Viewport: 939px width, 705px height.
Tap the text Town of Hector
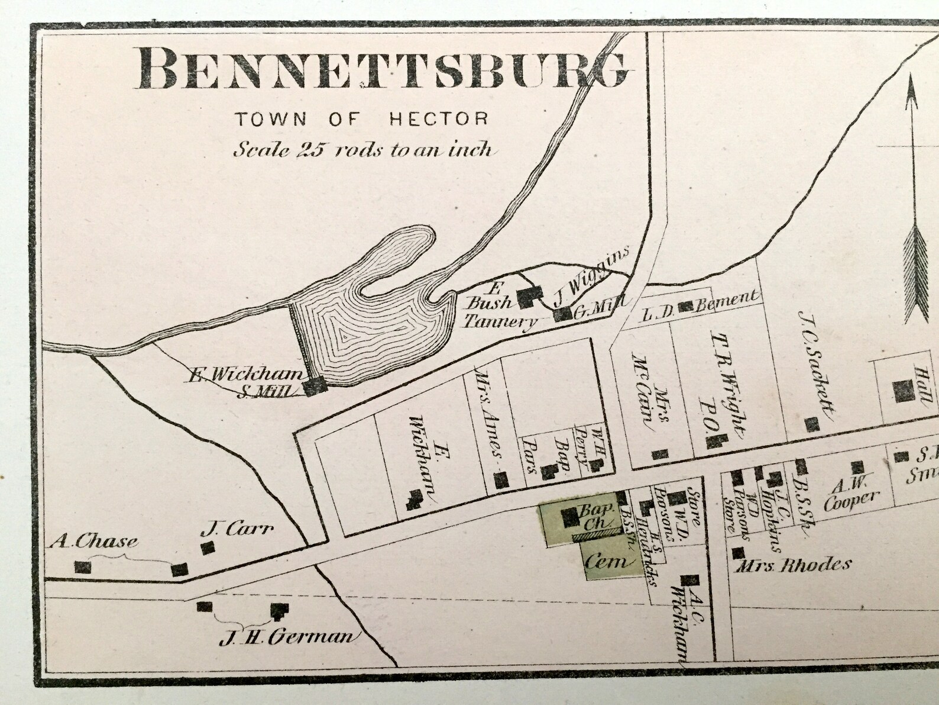[x=362, y=119]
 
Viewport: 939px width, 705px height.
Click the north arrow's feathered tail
[x=917, y=275]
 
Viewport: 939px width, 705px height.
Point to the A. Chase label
[x=95, y=540]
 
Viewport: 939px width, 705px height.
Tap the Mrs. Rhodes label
[x=792, y=565]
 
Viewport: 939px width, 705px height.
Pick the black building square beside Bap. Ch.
[x=570, y=517]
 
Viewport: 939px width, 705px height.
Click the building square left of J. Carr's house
[x=179, y=569]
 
